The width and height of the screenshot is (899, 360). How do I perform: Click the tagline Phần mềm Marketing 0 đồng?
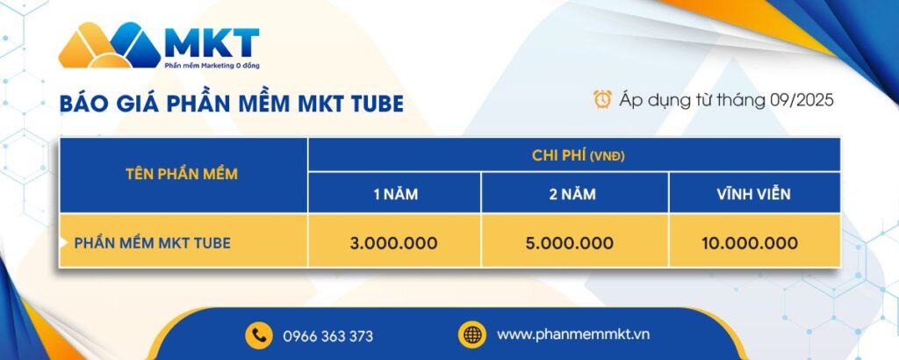click(212, 65)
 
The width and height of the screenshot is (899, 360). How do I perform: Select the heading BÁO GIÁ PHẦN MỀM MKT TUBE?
click(232, 103)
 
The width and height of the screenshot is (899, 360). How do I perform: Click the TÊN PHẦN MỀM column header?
click(183, 174)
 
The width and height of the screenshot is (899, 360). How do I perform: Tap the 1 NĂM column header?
click(394, 194)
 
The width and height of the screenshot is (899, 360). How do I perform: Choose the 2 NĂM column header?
click(573, 194)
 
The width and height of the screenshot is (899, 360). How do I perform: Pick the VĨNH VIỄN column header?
click(753, 194)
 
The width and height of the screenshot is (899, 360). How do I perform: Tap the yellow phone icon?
click(258, 335)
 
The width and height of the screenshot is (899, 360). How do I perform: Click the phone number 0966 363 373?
click(327, 336)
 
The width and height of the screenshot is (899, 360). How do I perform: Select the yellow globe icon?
click(471, 335)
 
